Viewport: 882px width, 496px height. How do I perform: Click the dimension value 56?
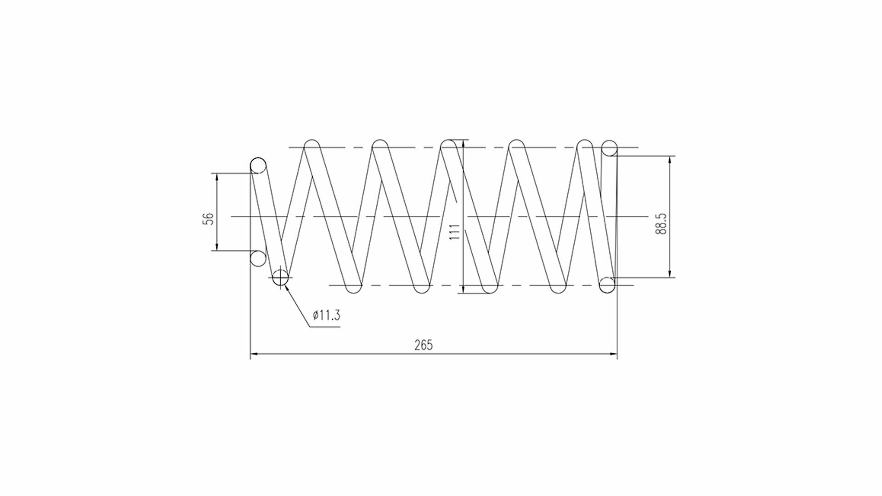(x=209, y=218)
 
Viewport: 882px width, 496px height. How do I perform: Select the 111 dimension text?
(x=455, y=232)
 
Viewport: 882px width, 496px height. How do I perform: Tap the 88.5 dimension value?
(x=661, y=224)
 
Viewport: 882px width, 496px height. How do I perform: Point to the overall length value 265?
(x=424, y=345)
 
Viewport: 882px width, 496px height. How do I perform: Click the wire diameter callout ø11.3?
(x=326, y=315)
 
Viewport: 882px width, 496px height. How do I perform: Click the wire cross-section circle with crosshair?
(x=280, y=277)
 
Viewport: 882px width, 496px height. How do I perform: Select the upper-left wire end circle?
(x=258, y=165)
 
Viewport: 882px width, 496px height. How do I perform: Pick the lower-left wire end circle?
(x=258, y=259)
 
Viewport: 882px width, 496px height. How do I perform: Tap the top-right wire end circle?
(x=609, y=148)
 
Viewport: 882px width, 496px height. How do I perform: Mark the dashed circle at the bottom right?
(x=607, y=285)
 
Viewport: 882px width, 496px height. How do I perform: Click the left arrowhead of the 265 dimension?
(x=253, y=354)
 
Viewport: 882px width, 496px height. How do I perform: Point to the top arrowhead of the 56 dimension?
(x=216, y=177)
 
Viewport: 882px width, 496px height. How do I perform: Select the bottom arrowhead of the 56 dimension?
(x=216, y=247)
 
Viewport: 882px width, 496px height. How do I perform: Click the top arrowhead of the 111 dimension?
(x=464, y=143)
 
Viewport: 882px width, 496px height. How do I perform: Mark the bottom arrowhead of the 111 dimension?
(x=464, y=289)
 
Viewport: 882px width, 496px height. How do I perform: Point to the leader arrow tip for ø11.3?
(x=286, y=286)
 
